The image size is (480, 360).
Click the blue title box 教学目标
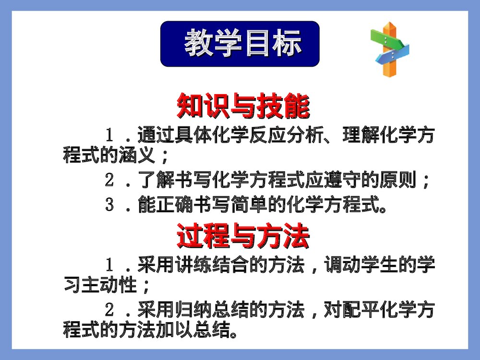pos(240,44)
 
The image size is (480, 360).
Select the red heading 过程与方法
pos(243,236)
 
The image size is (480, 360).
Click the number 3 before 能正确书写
pos(110,205)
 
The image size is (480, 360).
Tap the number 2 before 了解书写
pos(110,181)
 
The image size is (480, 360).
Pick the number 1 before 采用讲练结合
pos(110,265)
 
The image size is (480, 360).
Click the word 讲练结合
pos(208,265)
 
